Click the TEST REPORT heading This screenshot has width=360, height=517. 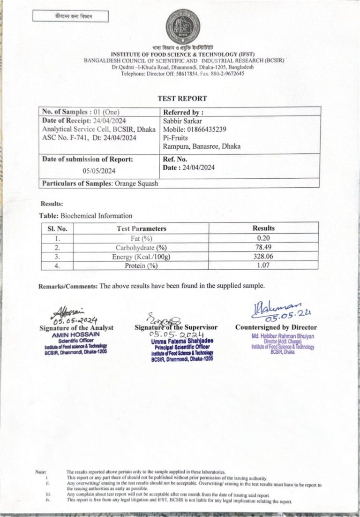182,99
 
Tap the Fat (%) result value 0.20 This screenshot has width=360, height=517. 263,238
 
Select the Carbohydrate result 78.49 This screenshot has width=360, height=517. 263,247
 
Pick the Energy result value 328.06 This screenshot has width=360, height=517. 263,257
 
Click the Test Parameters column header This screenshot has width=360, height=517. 141,228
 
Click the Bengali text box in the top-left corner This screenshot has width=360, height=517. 70,17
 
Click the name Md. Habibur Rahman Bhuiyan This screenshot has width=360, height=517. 283,336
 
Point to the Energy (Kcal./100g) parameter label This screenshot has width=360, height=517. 141,257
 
